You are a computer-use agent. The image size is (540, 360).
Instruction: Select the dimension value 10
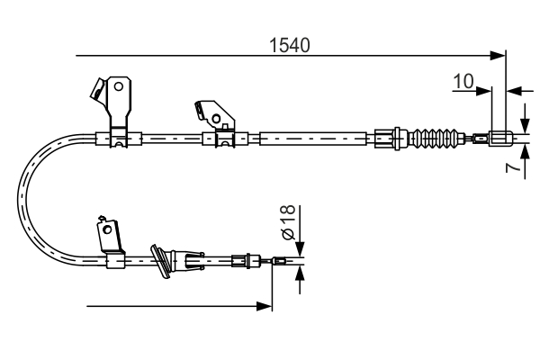coord(463,82)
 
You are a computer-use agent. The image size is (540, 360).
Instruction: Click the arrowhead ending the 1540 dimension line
coord(499,57)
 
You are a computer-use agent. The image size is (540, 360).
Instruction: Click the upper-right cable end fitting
coord(502,139)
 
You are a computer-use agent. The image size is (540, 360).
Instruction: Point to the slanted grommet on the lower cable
coord(163,261)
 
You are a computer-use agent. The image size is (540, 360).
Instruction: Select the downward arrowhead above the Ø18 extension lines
coord(301,252)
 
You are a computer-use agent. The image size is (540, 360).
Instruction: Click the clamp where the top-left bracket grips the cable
coord(118,139)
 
